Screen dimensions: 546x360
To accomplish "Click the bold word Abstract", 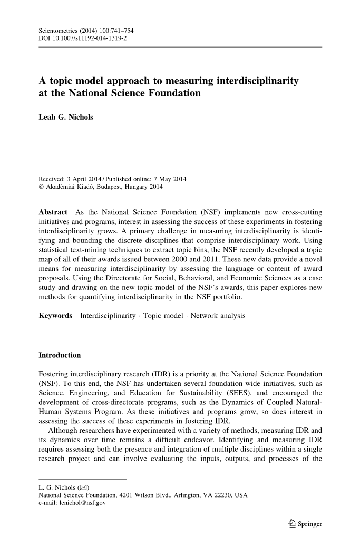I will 53,212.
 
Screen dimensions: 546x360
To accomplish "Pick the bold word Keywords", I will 55,315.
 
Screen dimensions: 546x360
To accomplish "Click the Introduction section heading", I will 60,355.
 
